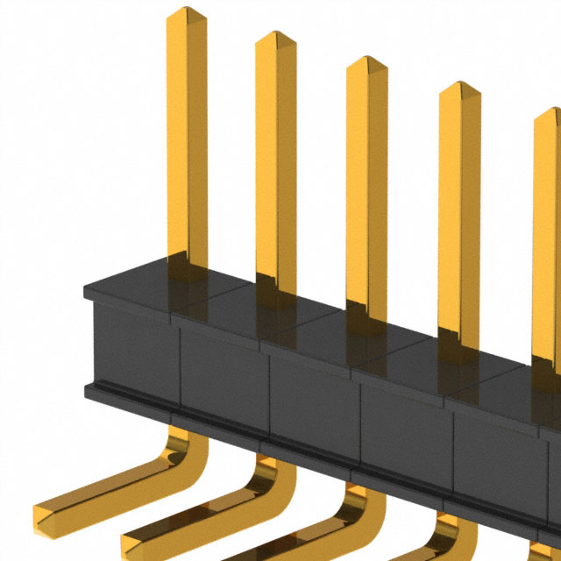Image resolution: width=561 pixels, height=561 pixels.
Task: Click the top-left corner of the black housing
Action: point(86,288)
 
